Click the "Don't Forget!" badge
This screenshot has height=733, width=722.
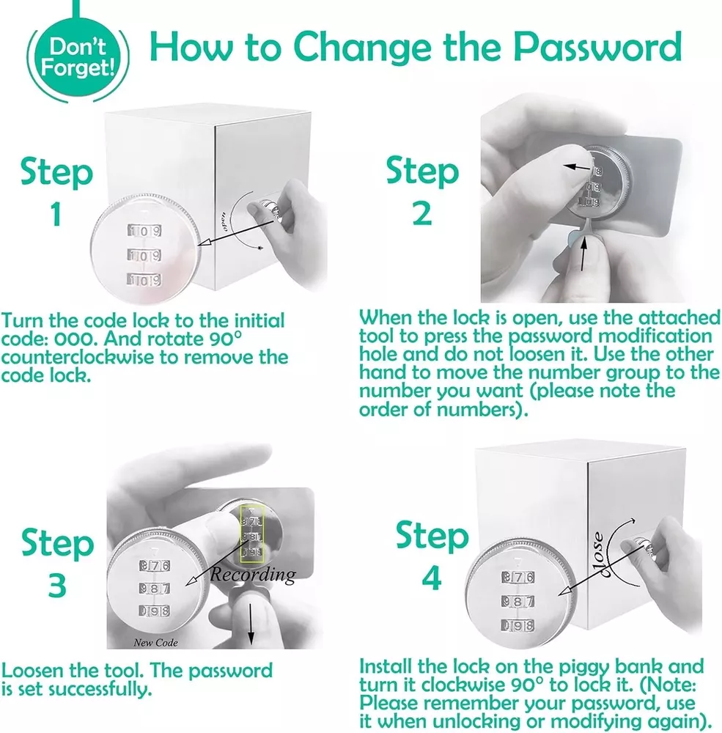coord(77,58)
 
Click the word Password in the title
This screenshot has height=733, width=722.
coord(597,47)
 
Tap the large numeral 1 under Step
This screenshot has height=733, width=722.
coord(56,215)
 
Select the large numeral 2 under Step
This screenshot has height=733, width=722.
coord(422,213)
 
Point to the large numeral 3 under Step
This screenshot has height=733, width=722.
coord(57,585)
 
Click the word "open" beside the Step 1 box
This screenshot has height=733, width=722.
coord(224,221)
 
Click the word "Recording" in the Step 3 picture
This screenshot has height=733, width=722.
coord(253,575)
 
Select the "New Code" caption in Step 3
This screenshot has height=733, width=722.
coord(155,643)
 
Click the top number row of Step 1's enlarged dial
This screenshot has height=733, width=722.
coord(144,231)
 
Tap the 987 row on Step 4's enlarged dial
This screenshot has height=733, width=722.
coord(517,601)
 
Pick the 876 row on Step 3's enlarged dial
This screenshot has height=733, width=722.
coord(155,565)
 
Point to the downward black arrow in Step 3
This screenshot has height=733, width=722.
coord(251,624)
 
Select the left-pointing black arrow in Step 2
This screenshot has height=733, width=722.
coord(577,167)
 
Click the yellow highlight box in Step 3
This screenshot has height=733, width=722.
coord(252,534)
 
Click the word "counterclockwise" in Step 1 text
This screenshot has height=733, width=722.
coord(78,357)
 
